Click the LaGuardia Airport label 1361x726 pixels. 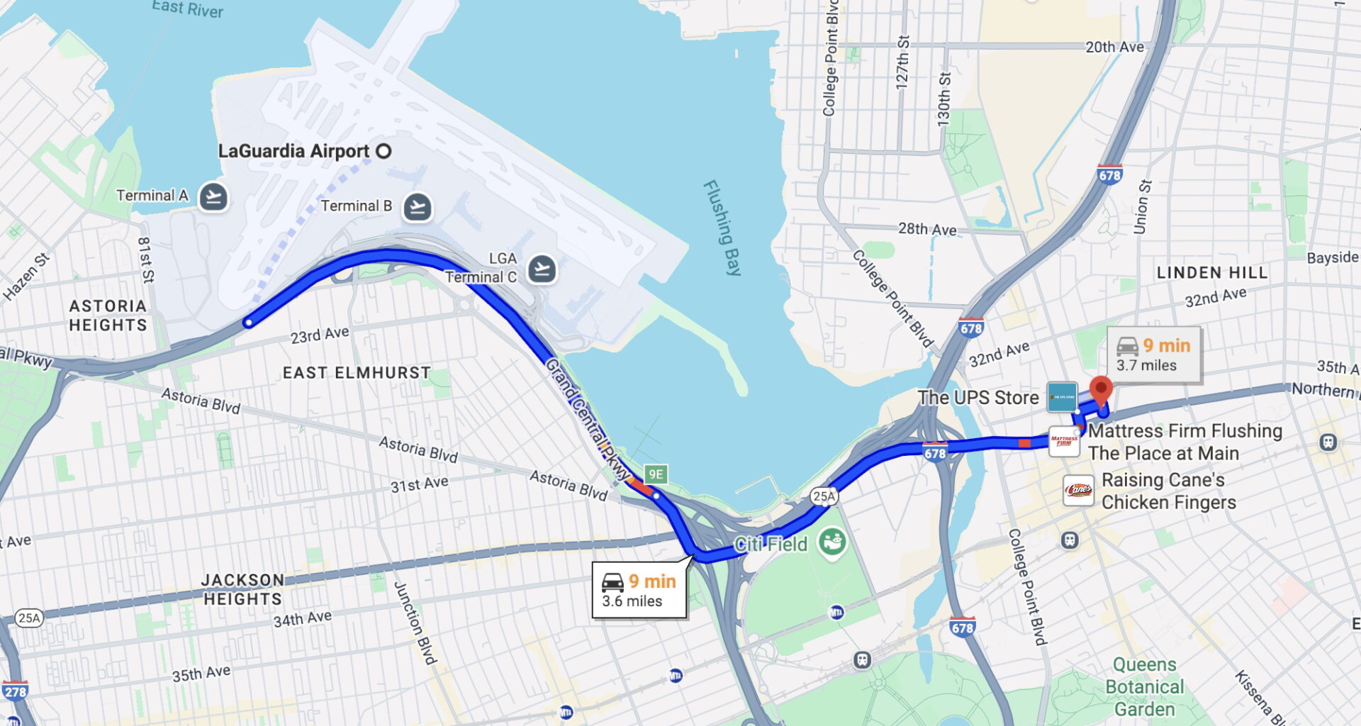(x=293, y=151)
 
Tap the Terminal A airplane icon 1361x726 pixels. (x=213, y=196)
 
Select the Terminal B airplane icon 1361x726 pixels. (x=418, y=207)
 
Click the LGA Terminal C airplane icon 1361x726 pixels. (x=542, y=269)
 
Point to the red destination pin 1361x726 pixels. (x=1100, y=390)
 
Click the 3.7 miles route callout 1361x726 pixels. (x=1155, y=354)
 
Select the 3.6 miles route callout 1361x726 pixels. (x=639, y=591)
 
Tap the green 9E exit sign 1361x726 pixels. (x=656, y=474)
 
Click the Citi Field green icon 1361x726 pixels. (x=832, y=543)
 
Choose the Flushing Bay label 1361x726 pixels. (x=722, y=228)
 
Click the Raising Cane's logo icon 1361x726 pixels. (x=1078, y=491)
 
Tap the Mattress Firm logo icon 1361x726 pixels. (x=1064, y=441)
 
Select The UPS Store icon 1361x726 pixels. (x=1062, y=397)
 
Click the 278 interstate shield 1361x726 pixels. (x=15, y=691)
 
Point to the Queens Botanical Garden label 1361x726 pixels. (x=1144, y=686)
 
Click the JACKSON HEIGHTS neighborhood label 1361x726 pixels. (x=242, y=589)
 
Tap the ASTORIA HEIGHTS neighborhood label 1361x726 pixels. (x=108, y=315)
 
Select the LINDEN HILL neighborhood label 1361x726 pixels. (x=1211, y=273)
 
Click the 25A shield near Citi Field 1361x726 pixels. (x=824, y=496)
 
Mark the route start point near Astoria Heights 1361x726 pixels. (x=248, y=323)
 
